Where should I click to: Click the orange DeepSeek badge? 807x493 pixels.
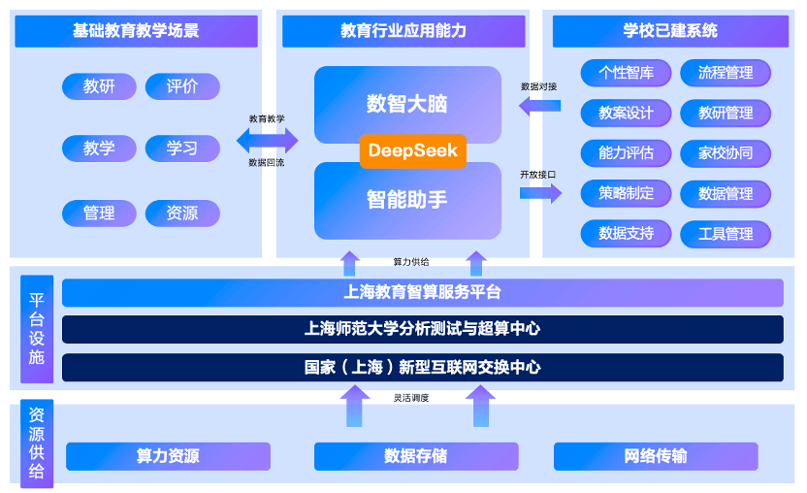click(413, 151)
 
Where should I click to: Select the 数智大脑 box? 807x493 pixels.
click(407, 103)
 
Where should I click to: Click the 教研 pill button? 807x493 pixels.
click(99, 86)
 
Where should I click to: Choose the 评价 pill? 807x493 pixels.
click(182, 86)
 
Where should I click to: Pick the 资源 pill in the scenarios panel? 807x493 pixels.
click(182, 214)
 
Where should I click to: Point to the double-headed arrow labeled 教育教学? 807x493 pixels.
click(267, 140)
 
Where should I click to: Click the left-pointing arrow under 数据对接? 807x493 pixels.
click(540, 106)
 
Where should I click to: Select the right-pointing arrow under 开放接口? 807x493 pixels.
click(540, 194)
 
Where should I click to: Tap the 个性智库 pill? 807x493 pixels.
click(626, 73)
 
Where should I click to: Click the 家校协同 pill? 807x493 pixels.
click(726, 153)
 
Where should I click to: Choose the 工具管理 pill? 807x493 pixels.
click(726, 234)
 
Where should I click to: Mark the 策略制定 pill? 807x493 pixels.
click(626, 194)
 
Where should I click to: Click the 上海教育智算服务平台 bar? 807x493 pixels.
click(423, 293)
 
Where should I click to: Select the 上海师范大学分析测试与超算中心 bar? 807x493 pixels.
click(423, 329)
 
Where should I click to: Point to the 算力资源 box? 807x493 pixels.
click(168, 456)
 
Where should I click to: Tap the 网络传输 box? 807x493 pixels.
click(656, 456)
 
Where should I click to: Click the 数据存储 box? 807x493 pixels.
click(416, 456)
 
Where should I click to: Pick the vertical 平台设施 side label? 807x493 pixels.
click(37, 329)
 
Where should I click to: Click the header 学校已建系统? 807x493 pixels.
click(670, 31)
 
